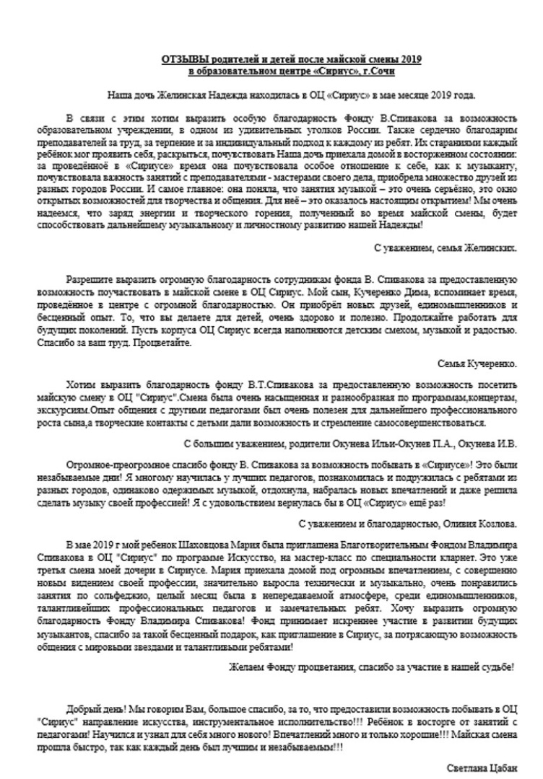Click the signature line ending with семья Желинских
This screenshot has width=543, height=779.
[x=455, y=247]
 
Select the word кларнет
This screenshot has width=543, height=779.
[x=450, y=553]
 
